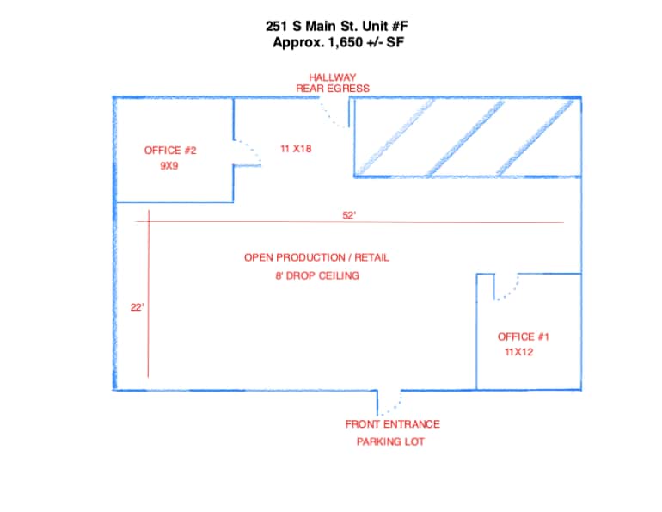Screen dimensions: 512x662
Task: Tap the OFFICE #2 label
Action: tap(170, 151)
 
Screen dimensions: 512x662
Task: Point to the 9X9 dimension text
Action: tap(169, 167)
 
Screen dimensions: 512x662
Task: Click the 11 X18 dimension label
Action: tap(296, 148)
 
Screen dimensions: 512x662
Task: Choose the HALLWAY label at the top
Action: tap(333, 77)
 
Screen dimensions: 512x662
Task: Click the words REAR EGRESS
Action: tap(333, 88)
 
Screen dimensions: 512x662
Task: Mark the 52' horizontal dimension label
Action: tap(349, 216)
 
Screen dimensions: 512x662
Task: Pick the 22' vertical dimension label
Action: tap(137, 306)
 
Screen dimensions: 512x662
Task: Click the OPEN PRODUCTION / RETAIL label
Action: tap(310, 257)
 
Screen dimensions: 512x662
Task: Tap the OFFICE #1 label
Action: tap(523, 336)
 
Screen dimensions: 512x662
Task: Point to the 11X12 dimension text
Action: tap(519, 352)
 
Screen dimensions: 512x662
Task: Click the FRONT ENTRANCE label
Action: tap(392, 424)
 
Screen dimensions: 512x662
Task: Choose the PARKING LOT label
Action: tap(390, 441)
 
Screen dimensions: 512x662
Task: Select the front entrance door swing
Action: tap(389, 401)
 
